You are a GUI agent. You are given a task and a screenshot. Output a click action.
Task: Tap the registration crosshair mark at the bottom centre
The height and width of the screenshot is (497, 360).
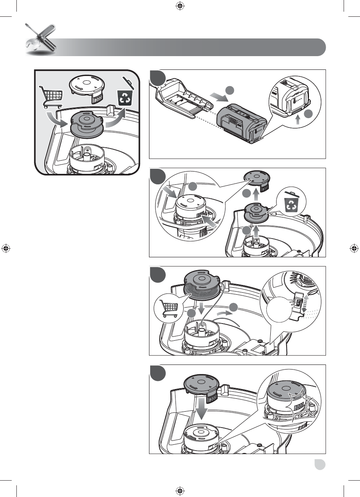click(180, 490)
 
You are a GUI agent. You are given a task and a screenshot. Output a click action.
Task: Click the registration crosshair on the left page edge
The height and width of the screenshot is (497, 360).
click(5, 248)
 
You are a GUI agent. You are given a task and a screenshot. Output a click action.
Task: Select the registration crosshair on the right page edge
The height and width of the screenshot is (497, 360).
click(354, 248)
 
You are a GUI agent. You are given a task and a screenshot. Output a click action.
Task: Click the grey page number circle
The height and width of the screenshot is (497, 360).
click(321, 464)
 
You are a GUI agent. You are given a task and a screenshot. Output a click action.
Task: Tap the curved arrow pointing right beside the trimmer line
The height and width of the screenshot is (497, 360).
click(223, 313)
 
